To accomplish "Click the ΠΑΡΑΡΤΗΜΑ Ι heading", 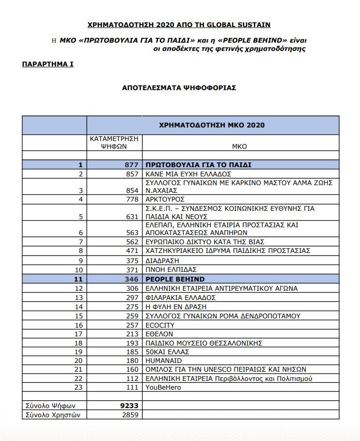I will (47, 63).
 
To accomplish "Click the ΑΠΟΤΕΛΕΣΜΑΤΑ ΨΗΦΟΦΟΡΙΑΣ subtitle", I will (179, 88).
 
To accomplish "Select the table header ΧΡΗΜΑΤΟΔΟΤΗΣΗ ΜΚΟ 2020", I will (212, 125).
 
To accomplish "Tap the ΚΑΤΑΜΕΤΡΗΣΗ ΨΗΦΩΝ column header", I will (114, 142).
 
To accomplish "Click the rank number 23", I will (79, 388).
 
